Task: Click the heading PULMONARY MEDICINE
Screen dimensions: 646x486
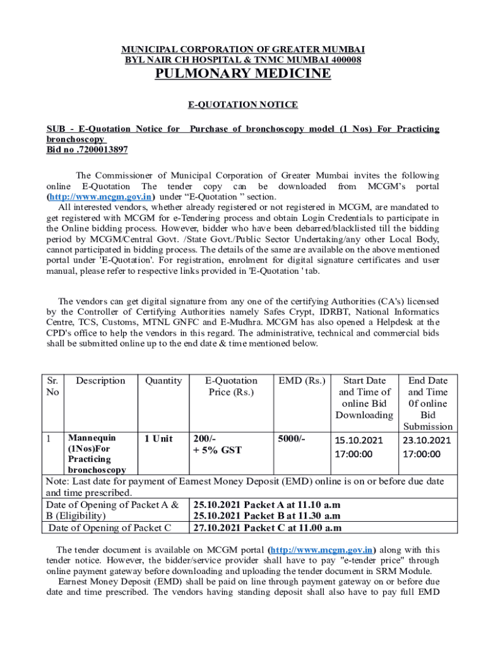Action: tap(243, 74)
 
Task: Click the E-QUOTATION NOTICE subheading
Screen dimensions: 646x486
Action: tap(244, 105)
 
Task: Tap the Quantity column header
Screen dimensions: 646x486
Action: tap(163, 380)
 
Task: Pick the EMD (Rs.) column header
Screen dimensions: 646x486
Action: tap(302, 380)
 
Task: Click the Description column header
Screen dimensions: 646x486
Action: tap(101, 380)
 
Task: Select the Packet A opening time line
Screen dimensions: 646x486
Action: tap(268, 505)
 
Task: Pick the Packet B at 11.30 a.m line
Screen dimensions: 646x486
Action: tap(268, 516)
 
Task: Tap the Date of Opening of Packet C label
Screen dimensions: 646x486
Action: tap(110, 528)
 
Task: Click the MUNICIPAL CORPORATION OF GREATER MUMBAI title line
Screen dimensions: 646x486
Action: tap(243, 49)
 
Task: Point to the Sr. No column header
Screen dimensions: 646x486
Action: tap(54, 386)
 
